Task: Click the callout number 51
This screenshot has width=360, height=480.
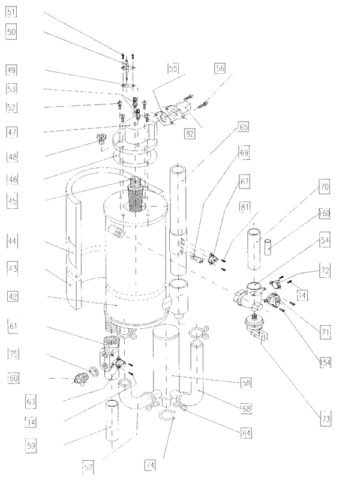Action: pos(12,12)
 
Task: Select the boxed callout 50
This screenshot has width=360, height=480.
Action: pos(12,32)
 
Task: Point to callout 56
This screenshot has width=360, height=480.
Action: pos(220,69)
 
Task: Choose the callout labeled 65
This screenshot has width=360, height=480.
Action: pos(244,127)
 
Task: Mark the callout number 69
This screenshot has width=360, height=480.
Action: pos(244,154)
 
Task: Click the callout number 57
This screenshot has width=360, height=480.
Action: pos(89,465)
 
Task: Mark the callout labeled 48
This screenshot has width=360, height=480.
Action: pos(12,157)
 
